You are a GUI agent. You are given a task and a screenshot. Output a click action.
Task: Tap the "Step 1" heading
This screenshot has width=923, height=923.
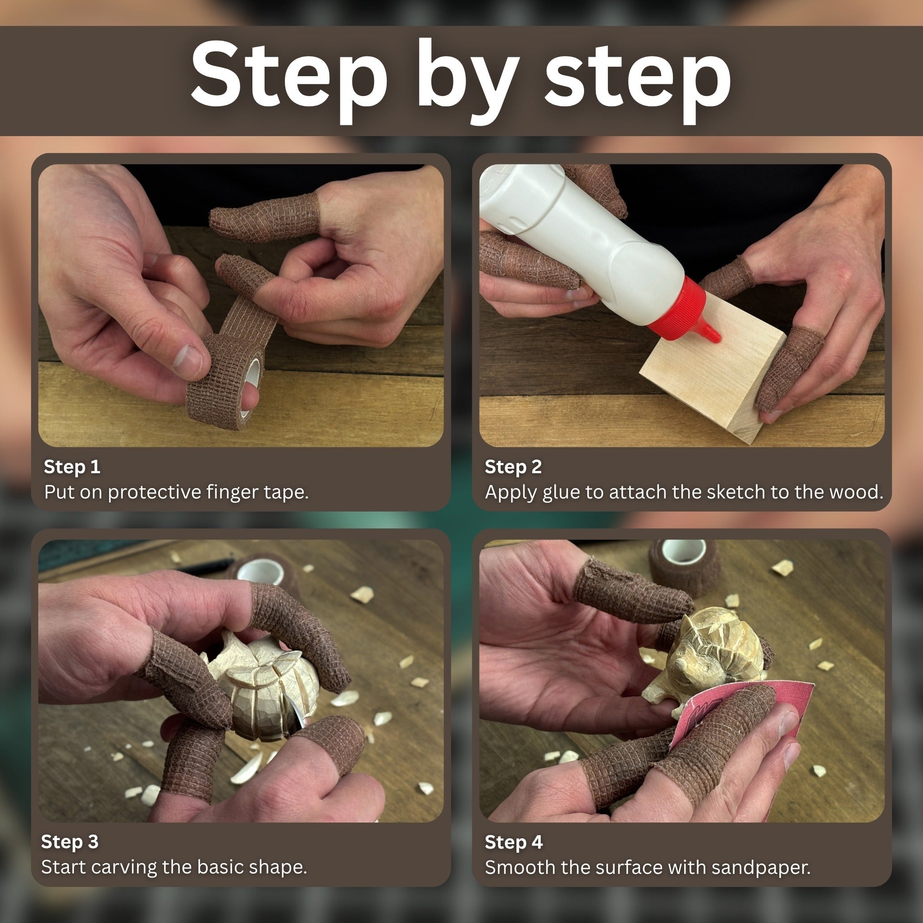tap(72, 467)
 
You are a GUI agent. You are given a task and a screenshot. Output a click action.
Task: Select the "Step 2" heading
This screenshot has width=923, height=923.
tap(512, 467)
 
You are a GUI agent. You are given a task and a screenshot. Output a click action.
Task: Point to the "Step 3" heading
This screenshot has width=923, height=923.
tap(70, 841)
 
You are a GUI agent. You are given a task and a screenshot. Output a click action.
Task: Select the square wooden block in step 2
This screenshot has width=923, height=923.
tap(712, 377)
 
